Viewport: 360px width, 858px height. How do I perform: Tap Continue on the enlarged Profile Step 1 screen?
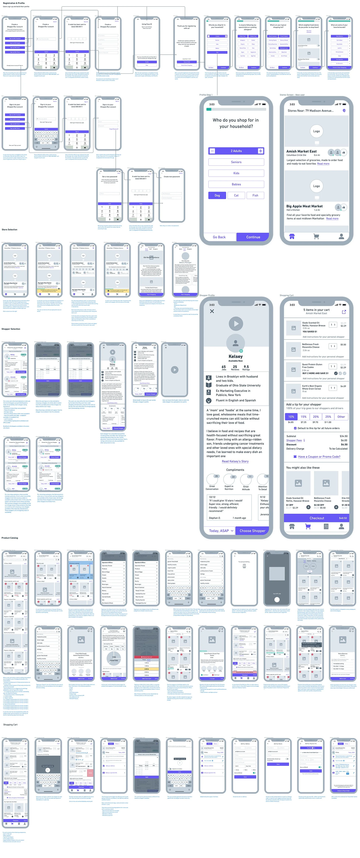tap(253, 237)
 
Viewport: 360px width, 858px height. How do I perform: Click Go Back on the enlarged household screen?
tap(219, 237)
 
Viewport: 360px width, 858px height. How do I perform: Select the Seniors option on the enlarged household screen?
tap(236, 162)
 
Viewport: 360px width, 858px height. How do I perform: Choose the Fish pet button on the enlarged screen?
tap(255, 195)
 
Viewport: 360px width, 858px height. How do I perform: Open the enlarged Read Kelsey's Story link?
tap(235, 461)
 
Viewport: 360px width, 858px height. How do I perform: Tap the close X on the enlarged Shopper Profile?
tap(212, 311)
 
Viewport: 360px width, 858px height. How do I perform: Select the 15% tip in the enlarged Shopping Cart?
tap(303, 417)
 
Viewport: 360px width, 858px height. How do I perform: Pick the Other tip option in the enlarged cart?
tap(341, 417)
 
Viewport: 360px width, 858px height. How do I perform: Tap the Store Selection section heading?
tap(9, 229)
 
